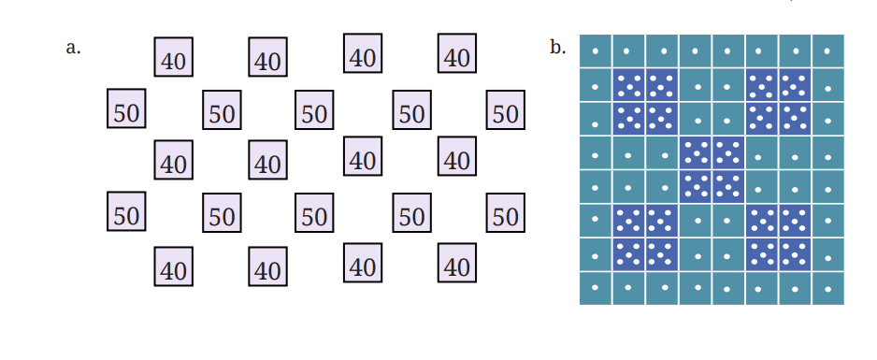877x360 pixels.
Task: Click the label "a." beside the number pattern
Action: (73, 48)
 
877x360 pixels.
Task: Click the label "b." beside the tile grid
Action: (557, 48)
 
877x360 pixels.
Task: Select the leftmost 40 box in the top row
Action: (173, 57)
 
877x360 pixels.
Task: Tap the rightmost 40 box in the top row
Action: (457, 53)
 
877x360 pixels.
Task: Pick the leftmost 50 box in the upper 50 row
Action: (126, 108)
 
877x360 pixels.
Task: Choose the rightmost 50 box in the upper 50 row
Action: (506, 109)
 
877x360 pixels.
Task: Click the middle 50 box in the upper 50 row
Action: (314, 109)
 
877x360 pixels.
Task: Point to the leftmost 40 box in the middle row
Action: (173, 160)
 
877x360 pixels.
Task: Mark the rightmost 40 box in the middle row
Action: (457, 156)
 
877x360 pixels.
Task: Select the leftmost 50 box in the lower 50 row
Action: (126, 211)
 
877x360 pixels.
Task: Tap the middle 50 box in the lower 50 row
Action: (314, 212)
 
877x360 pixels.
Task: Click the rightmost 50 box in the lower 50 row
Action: (506, 212)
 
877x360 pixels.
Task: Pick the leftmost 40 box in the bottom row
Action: (173, 266)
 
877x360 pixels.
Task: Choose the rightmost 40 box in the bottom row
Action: (457, 263)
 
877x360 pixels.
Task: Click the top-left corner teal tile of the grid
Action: (596, 50)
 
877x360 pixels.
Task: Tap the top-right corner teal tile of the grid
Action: (828, 50)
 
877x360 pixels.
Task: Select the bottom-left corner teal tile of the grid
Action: (596, 288)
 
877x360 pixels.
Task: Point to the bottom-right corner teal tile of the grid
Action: (828, 288)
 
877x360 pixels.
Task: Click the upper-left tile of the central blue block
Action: (696, 152)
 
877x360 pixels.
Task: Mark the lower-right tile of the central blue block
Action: (728, 187)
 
